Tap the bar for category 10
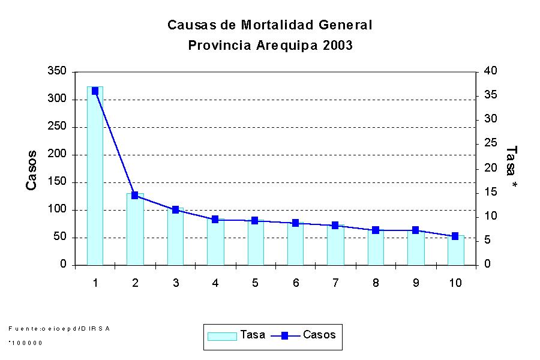(x=455, y=250)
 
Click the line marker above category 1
(x=95, y=91)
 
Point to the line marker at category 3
(x=175, y=210)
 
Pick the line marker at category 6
(x=295, y=223)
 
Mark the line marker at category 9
(x=415, y=230)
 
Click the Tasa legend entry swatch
(x=221, y=336)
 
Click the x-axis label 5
(x=255, y=283)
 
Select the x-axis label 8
(x=375, y=283)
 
